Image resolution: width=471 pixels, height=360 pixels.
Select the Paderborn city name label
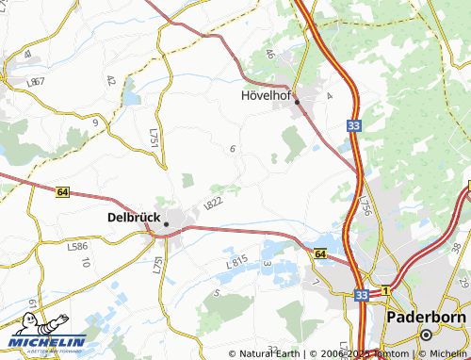point(426,317)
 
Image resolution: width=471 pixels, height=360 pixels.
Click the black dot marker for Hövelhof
point(296,101)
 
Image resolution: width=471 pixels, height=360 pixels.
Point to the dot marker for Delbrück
point(166,224)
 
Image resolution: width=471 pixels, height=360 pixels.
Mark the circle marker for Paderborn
point(426,335)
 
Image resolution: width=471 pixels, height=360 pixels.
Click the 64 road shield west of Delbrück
point(61,191)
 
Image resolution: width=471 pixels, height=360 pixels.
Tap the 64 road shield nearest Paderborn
point(319,254)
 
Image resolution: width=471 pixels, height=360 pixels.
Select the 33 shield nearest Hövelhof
point(351,123)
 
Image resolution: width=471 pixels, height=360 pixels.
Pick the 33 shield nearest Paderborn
point(362,295)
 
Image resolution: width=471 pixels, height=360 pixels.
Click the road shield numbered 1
point(385,291)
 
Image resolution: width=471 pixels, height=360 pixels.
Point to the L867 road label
point(37,82)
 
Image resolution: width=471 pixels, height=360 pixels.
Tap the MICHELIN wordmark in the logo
point(47,342)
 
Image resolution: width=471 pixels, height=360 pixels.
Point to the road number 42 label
point(112,82)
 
